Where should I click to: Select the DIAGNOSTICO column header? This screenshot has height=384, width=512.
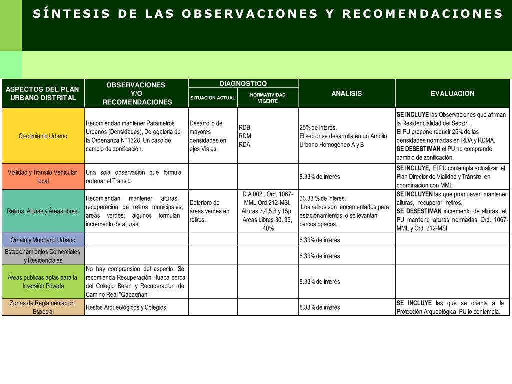pos(243,83)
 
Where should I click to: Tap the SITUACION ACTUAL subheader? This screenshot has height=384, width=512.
pos(212,98)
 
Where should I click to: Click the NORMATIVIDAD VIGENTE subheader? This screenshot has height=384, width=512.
pos(268,98)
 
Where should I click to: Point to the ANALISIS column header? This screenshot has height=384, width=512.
pos(346,93)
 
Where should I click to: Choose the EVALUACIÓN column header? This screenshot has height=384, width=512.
pos(452,93)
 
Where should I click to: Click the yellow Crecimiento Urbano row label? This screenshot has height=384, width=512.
pos(43,136)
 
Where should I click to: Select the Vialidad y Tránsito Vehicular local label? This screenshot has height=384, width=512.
pos(43,176)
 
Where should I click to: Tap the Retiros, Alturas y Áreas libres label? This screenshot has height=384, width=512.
pos(43,211)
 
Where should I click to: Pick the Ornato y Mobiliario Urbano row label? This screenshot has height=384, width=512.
pos(43,240)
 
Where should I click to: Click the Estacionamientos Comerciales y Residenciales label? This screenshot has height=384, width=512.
pos(43,256)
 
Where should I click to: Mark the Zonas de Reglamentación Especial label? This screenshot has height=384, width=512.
pos(43,307)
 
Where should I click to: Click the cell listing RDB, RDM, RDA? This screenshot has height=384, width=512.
pos(267,136)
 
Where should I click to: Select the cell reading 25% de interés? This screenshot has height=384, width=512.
pos(346,136)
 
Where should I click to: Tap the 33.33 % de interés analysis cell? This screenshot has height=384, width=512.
pos(346,211)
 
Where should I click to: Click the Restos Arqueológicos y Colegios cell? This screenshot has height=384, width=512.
pos(136,307)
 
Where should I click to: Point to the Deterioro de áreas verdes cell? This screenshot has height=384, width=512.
pos(212,211)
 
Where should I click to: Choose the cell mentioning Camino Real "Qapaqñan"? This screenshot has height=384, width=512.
pos(136,281)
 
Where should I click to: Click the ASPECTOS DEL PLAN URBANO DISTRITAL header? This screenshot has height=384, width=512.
pos(43,93)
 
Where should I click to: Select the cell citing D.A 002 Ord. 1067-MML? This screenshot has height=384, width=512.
pos(268,211)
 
